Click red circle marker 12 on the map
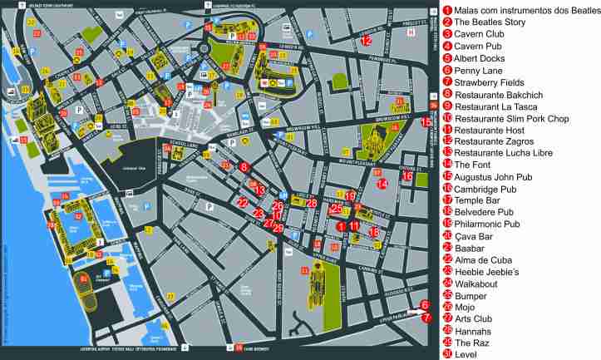366,40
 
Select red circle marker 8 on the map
244,167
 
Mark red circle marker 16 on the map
406,175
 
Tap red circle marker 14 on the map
382,184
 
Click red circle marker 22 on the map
243,202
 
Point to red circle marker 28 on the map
312,202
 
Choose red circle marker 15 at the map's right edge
426,122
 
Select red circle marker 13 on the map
260,190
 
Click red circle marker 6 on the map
425,305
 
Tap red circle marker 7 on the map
426,317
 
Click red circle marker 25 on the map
337,209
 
